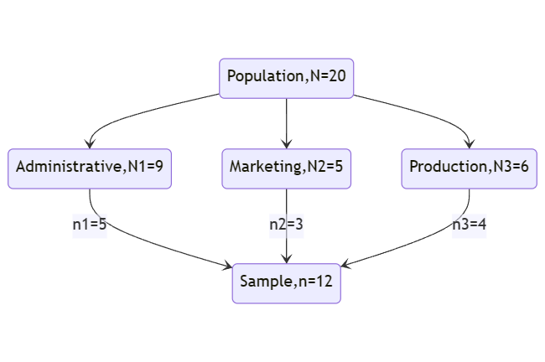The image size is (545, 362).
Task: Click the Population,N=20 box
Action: (287, 79)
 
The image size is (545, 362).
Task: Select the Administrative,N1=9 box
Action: (90, 168)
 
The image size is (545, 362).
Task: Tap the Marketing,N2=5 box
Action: (287, 168)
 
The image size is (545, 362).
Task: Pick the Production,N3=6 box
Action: (470, 168)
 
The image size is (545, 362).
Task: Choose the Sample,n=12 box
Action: (287, 283)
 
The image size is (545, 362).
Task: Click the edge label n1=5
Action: (90, 224)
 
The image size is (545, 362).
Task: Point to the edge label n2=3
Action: (287, 224)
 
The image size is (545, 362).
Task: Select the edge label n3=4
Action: (470, 224)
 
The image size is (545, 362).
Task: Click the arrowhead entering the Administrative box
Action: (90, 144)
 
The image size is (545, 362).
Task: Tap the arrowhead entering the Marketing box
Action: (287, 144)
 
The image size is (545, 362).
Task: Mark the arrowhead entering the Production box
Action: (470, 144)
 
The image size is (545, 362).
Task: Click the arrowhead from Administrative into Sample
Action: (228, 266)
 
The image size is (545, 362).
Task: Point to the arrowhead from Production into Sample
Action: (345, 265)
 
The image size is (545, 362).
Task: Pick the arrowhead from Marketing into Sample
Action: (287, 259)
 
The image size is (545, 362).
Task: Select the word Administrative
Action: (69, 167)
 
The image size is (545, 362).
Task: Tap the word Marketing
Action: (266, 167)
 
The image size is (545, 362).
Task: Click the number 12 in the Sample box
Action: (325, 281)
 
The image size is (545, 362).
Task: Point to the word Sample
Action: (267, 282)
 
